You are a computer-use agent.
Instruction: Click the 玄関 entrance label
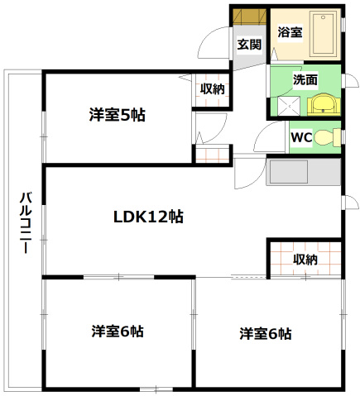248,45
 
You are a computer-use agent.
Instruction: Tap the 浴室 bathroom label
289,33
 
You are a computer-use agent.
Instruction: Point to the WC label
300,138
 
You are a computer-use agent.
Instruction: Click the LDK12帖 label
149,217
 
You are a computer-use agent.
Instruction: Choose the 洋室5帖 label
118,116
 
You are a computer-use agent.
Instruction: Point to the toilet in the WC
328,136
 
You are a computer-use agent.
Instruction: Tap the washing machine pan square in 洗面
287,105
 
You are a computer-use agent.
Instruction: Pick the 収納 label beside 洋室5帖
211,89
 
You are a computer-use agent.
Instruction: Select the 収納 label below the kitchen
305,259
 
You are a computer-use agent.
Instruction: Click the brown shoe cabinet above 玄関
248,17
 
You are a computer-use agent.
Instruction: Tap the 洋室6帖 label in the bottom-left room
118,332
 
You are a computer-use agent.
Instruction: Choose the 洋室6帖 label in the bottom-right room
265,334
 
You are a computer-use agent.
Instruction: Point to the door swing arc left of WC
271,137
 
